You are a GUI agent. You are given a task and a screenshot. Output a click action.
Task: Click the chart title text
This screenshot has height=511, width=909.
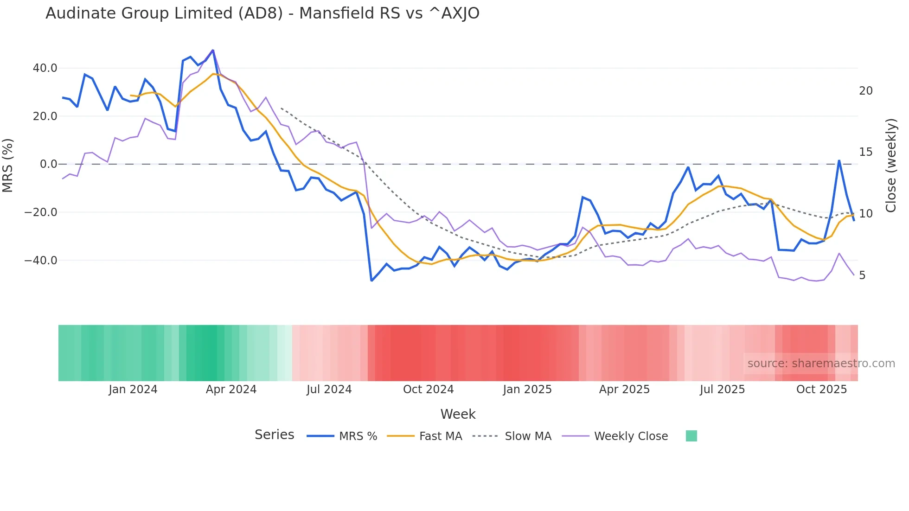pyautogui.click(x=262, y=13)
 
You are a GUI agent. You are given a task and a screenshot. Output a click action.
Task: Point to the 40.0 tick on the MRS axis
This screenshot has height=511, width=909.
pyautogui.click(x=45, y=68)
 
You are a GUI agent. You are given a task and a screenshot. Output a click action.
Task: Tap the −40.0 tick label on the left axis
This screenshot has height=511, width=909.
pyautogui.click(x=41, y=261)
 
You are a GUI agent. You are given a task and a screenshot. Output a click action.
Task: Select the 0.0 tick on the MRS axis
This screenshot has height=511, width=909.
pyautogui.click(x=49, y=164)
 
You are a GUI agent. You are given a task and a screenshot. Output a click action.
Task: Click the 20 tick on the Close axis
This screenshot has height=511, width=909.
pyautogui.click(x=866, y=91)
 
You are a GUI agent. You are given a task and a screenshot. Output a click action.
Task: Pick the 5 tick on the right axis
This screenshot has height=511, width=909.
pyautogui.click(x=862, y=275)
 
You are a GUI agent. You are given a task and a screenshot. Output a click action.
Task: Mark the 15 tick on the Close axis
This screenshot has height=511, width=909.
pyautogui.click(x=866, y=152)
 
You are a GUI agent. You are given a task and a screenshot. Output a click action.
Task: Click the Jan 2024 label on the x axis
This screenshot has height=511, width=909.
pyautogui.click(x=133, y=390)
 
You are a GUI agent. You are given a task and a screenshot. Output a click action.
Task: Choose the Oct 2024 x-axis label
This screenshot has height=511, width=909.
pyautogui.click(x=428, y=390)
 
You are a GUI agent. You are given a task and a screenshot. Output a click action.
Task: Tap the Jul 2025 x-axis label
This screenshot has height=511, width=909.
pyautogui.click(x=722, y=390)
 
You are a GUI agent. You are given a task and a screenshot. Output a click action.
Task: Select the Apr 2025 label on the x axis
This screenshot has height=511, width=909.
pyautogui.click(x=624, y=390)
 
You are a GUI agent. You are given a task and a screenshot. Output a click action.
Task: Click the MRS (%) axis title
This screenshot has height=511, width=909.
pyautogui.click(x=8, y=165)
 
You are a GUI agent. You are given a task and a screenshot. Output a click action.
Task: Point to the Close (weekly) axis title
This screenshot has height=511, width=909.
pyautogui.click(x=891, y=166)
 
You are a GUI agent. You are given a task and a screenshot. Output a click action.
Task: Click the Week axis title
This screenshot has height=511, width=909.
pyautogui.click(x=458, y=414)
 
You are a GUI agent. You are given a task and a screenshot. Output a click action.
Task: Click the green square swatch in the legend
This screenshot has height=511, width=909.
pyautogui.click(x=691, y=436)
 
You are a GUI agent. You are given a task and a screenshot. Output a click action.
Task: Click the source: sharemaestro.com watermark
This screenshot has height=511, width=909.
pyautogui.click(x=821, y=364)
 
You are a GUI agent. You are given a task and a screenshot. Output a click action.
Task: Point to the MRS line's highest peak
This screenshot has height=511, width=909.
pyautogui.click(x=213, y=50)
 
